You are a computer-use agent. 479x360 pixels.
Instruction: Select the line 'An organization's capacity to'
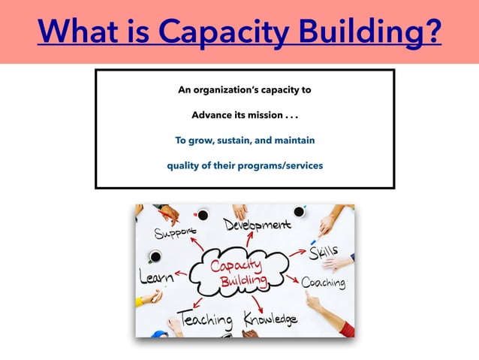tap(244, 91)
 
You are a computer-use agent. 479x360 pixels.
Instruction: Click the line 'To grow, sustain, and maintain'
tap(245, 140)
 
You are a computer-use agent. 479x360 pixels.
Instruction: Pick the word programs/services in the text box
tap(280, 165)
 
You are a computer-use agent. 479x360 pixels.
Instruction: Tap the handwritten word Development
tap(258, 224)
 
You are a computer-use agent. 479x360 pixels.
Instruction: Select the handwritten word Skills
tap(324, 251)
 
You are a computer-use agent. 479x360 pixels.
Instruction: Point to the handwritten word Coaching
tap(324, 283)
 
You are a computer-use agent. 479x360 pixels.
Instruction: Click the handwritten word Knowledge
tap(270, 319)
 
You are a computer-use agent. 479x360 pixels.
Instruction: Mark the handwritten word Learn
tap(155, 277)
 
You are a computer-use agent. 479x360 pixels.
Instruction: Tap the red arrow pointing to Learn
tap(183, 274)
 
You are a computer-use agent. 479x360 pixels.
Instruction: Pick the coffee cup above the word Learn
tap(155, 257)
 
